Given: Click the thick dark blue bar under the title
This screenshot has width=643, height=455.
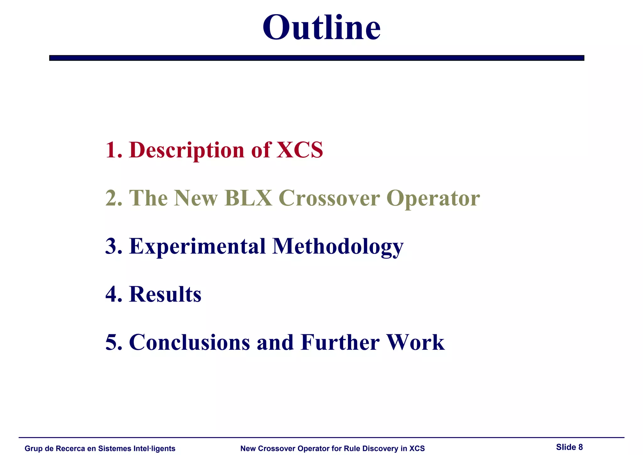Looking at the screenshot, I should pyautogui.click(x=316, y=58).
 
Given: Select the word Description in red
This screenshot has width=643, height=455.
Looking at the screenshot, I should pyautogui.click(x=186, y=150).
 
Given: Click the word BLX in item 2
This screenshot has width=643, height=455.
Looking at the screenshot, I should pyautogui.click(x=248, y=198).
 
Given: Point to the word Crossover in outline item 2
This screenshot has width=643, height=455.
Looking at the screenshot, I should pyautogui.click(x=329, y=198).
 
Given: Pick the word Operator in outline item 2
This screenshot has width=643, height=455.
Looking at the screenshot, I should pyautogui.click(x=433, y=199).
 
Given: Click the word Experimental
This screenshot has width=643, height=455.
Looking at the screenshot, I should pyautogui.click(x=197, y=247).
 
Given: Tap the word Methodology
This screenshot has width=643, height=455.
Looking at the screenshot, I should pyautogui.click(x=338, y=247).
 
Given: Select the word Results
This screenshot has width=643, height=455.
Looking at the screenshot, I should pyautogui.click(x=165, y=294).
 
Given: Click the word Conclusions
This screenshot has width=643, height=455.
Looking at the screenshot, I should pyautogui.click(x=190, y=342).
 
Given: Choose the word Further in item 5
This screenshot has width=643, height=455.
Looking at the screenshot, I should pyautogui.click(x=340, y=342).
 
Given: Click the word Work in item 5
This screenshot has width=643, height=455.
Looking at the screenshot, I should pyautogui.click(x=415, y=342).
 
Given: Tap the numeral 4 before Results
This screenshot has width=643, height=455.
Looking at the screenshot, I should pyautogui.click(x=111, y=294).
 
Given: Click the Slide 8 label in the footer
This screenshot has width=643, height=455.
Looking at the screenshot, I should pyautogui.click(x=569, y=447).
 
